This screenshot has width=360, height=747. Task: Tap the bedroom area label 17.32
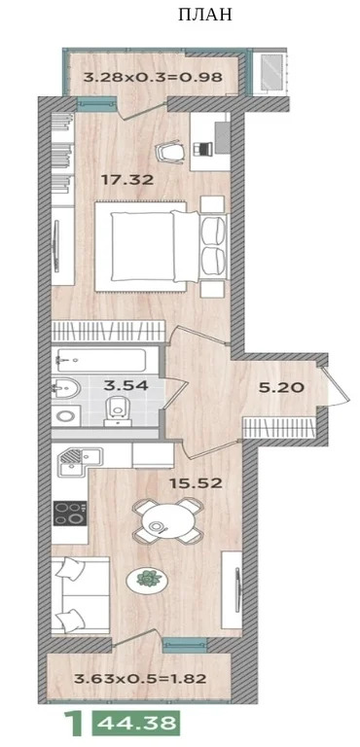tap(128, 179)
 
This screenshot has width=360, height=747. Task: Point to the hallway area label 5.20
tap(282, 387)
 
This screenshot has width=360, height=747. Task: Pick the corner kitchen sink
tap(73, 460)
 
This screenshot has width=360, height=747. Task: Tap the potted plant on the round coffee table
tap(146, 579)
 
